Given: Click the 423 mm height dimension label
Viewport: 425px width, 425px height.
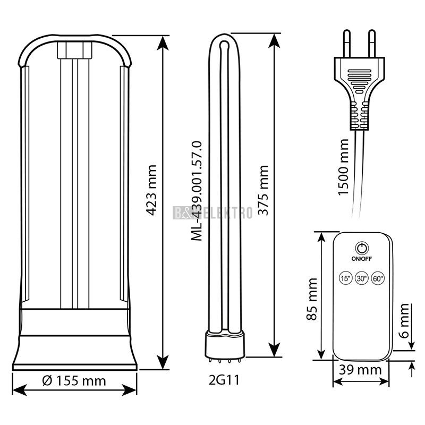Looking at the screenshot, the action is point(151,190).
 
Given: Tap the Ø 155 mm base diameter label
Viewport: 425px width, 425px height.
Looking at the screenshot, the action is point(74,381).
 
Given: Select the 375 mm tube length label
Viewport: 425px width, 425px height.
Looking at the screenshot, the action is point(263,190).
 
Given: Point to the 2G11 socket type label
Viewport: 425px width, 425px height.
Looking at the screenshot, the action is point(224,379).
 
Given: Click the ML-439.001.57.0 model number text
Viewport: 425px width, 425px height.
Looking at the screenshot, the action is point(197,191).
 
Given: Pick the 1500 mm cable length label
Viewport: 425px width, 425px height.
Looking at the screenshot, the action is point(343,167).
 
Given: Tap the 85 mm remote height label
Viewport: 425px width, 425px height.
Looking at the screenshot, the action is point(312,299).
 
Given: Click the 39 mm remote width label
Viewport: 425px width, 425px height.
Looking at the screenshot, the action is point(360,370).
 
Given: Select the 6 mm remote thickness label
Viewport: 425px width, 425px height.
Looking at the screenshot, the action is point(404,321).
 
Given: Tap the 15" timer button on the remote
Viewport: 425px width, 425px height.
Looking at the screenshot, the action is point(346,278).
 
